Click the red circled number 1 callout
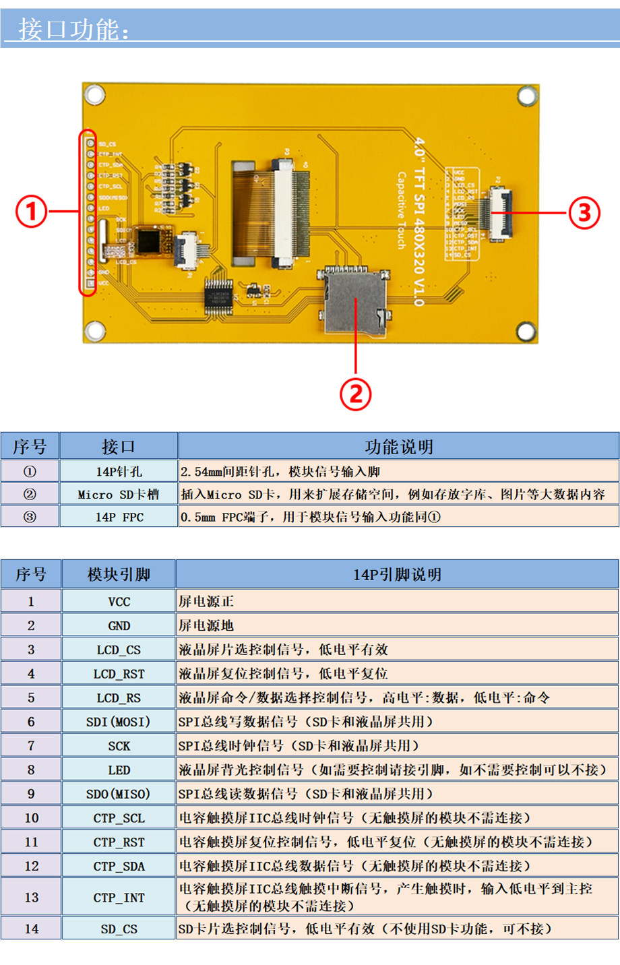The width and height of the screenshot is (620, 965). [x=31, y=212]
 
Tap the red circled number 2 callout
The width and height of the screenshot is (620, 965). [x=356, y=394]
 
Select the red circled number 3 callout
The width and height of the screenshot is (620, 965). [x=584, y=213]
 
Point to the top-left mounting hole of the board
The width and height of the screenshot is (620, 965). [x=94, y=94]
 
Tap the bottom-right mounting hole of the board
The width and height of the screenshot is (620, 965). [x=526, y=331]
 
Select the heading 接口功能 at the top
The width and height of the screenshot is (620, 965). [x=74, y=30]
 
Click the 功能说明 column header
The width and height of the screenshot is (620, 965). [x=398, y=447]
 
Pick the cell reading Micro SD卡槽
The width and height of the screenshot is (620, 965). [x=119, y=495]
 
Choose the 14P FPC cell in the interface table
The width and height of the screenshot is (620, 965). [x=119, y=518]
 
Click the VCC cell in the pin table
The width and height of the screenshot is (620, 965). [x=119, y=602]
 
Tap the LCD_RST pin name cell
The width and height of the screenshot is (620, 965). [x=119, y=674]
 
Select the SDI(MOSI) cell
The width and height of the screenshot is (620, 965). [x=119, y=722]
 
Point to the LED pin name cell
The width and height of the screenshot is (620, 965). [x=119, y=770]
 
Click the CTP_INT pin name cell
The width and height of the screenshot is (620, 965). [x=119, y=898]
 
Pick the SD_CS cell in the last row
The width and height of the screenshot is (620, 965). [x=119, y=929]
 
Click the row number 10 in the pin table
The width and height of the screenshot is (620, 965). [x=31, y=818]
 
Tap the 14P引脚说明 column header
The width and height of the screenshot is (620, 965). [x=397, y=575]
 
